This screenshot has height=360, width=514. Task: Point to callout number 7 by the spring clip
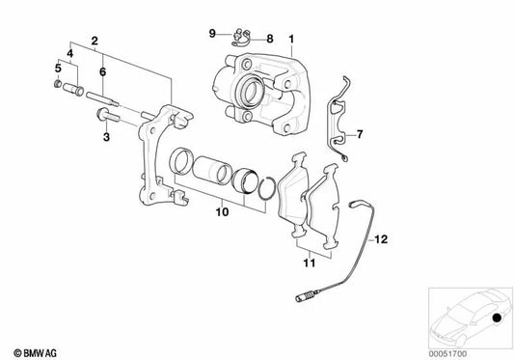(x=361, y=133)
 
